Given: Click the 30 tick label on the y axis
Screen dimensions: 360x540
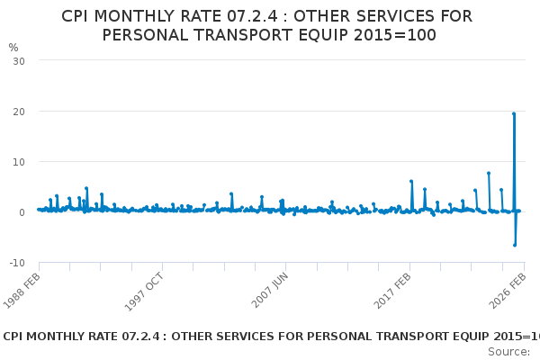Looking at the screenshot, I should pos(18,60).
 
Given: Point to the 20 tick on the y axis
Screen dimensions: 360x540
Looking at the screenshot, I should pos(18,111).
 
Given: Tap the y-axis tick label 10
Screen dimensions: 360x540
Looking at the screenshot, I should pos(18,162).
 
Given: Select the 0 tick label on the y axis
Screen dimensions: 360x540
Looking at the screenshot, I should pos(21,212).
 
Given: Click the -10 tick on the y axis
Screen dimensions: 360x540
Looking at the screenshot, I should pos(16,263).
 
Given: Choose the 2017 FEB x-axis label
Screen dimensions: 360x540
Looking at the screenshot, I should pos(392,289).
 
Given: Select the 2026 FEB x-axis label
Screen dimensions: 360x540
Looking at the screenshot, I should pos(506,289).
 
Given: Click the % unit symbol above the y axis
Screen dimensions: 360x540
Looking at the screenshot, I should pos(13,48).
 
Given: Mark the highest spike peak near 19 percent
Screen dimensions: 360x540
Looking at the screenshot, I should pos(514,113).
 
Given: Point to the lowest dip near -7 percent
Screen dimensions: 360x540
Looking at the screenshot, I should pos(515,245).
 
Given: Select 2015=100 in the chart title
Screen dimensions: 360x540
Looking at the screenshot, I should pos(394,35).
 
